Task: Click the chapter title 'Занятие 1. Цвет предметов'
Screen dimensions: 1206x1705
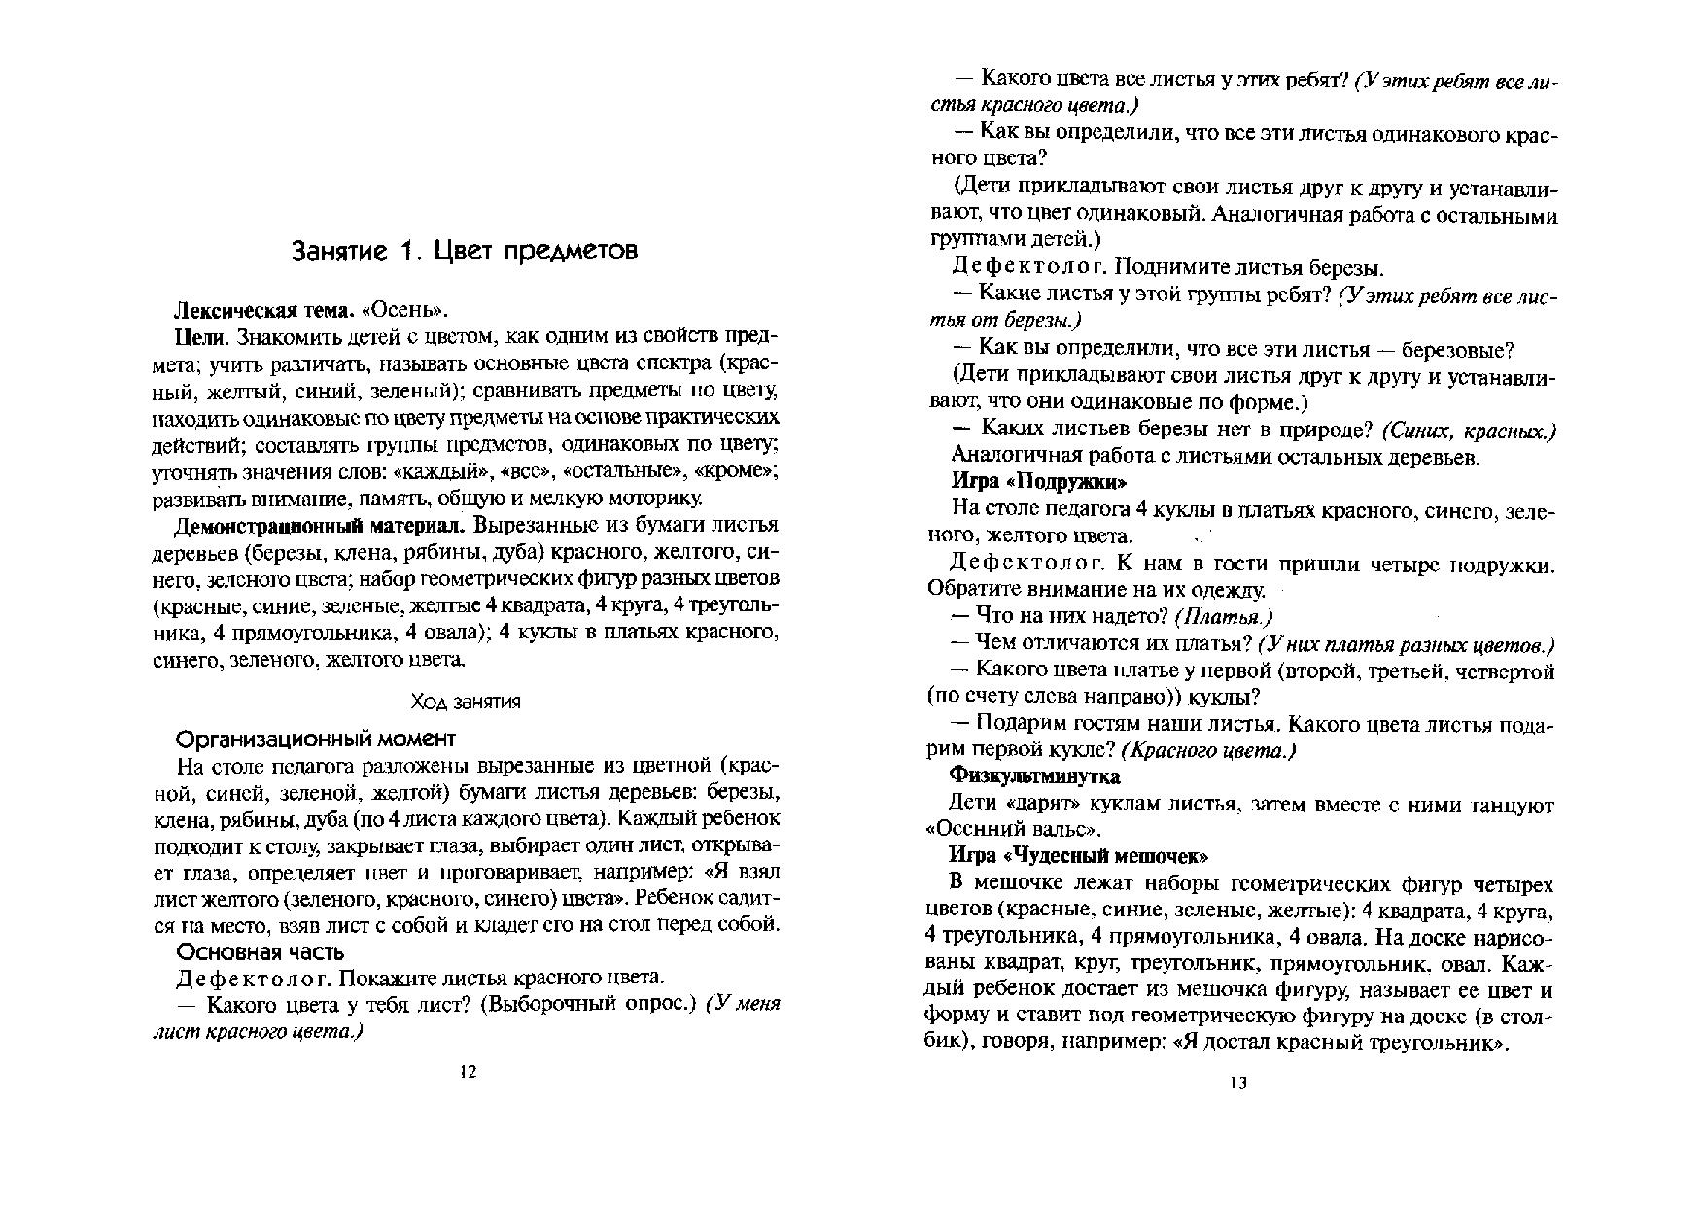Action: [x=465, y=251]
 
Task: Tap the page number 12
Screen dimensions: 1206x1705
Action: [x=468, y=1072]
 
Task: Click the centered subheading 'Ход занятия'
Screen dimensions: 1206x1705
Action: [x=466, y=702]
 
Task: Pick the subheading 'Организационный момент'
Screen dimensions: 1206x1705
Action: [x=316, y=738]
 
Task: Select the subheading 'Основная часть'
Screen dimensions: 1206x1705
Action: [x=260, y=951]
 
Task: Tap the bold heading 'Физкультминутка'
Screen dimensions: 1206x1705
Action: [x=1034, y=776]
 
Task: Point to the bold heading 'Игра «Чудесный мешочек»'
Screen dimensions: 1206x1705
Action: [x=1078, y=856]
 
